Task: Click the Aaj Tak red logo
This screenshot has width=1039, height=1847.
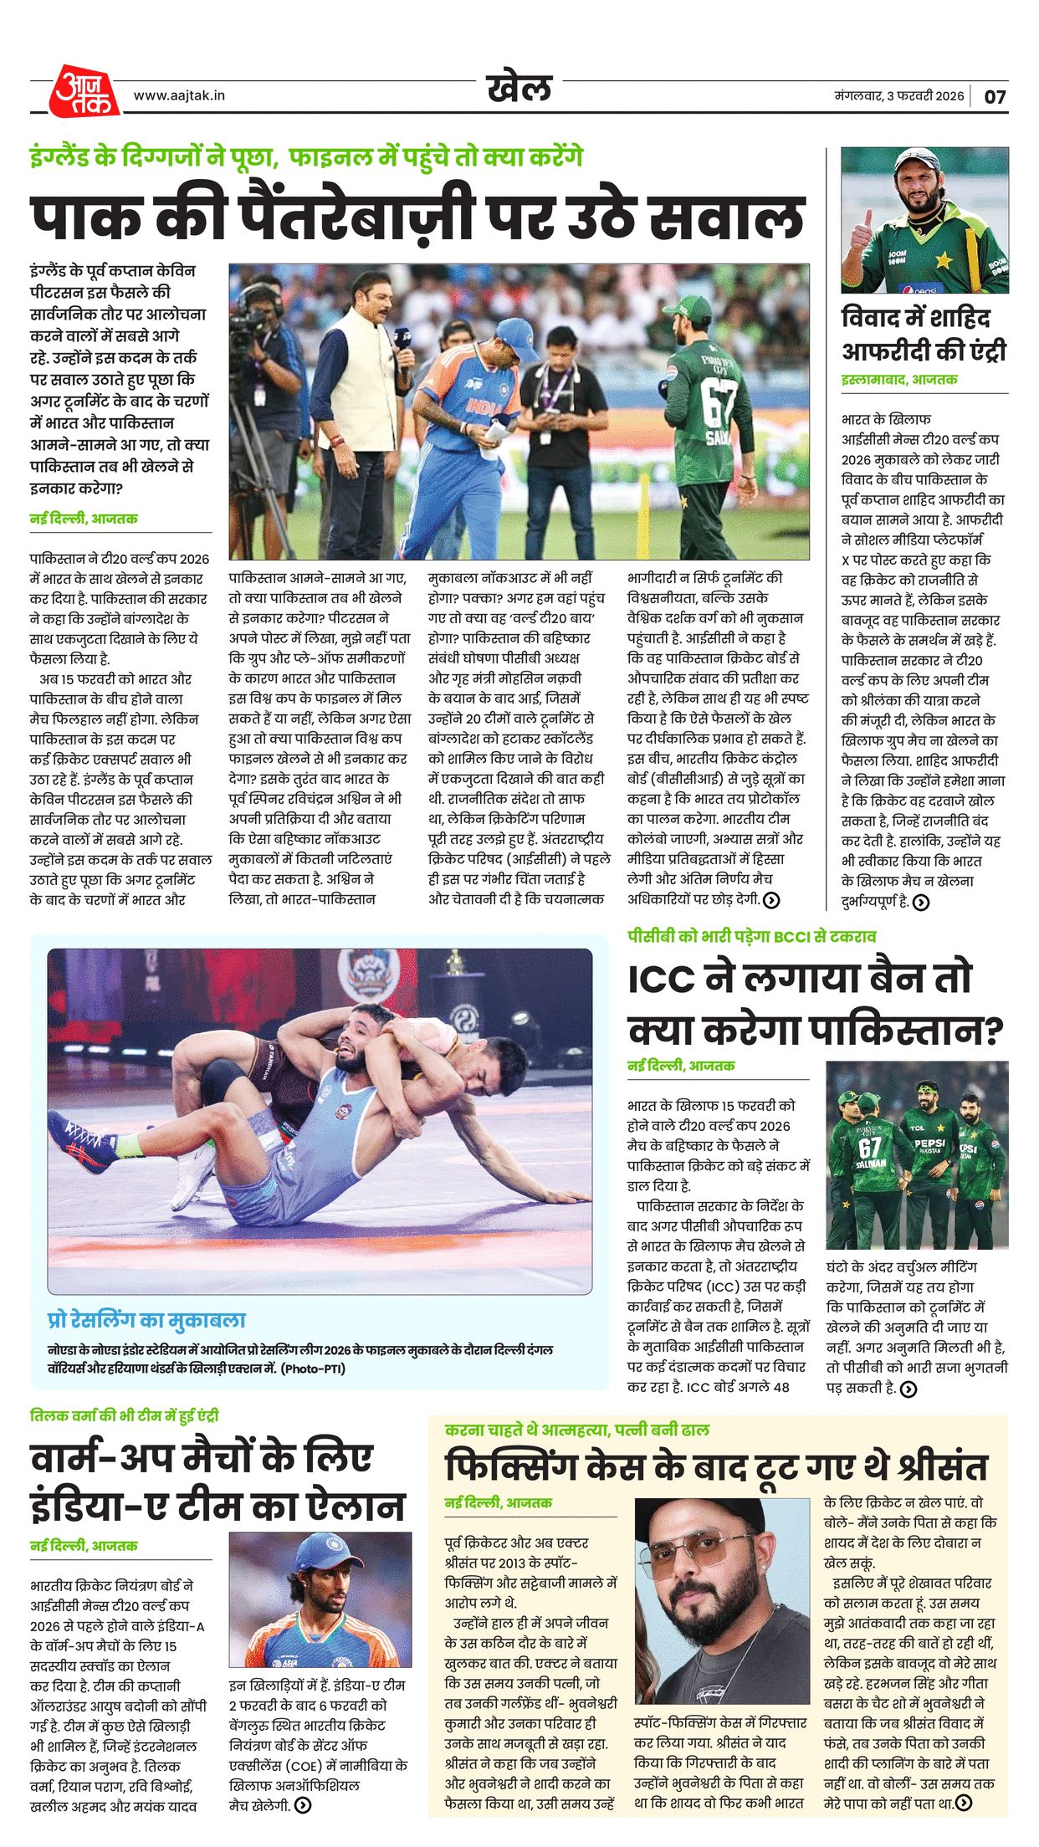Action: tap(83, 91)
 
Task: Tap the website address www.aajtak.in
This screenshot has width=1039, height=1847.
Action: tap(179, 95)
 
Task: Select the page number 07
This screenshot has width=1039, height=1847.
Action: tap(995, 96)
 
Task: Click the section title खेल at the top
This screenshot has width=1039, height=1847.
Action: tap(519, 87)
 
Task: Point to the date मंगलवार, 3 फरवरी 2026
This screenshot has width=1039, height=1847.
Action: tap(898, 95)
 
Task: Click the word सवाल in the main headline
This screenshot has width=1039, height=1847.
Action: tap(727, 217)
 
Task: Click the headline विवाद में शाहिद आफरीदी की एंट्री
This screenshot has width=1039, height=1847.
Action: tap(923, 335)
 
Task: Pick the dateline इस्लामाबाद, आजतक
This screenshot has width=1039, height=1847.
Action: tap(898, 380)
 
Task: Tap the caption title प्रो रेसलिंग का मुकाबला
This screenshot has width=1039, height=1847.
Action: tap(146, 1320)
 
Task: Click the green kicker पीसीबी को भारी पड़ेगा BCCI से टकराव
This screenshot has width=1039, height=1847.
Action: tap(751, 936)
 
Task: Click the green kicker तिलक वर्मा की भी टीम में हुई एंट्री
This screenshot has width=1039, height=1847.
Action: tap(124, 1415)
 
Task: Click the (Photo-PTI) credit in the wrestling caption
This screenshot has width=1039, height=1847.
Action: tap(313, 1369)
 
